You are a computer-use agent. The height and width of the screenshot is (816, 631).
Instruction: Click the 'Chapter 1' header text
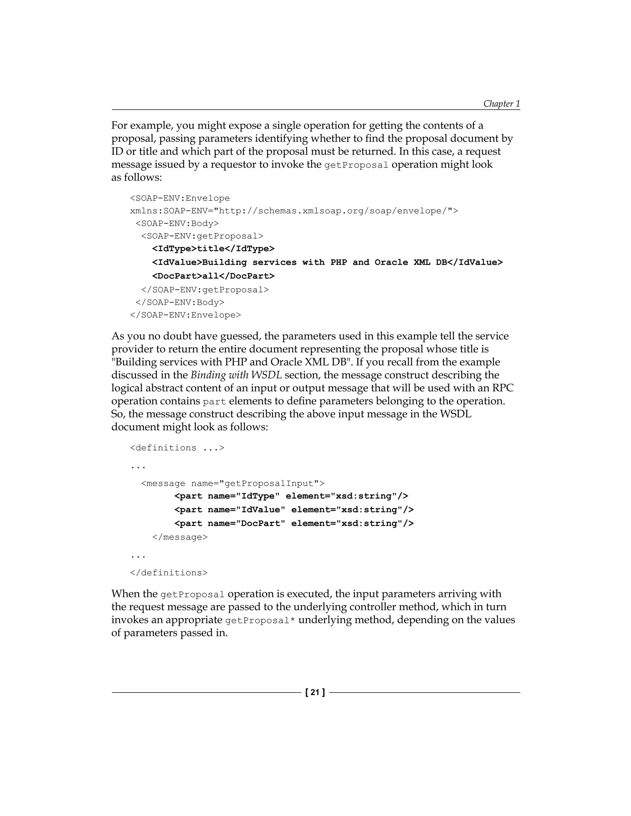pos(501,103)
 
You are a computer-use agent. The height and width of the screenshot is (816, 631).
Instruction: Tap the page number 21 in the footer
pos(315,692)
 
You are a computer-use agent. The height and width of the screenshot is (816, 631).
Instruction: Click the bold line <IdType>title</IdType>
pos(213,249)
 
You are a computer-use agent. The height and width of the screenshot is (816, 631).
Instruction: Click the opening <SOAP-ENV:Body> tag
pos(177,224)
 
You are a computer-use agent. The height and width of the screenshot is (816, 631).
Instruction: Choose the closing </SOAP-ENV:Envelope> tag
pos(185,315)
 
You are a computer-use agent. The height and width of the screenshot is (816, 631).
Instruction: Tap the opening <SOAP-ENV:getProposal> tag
pos(202,236)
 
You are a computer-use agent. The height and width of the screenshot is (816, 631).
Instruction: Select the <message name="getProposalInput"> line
pos(233,483)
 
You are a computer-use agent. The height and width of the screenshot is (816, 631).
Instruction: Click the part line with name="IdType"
pos(291,496)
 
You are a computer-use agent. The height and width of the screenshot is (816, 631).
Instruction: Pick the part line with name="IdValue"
pos(294,510)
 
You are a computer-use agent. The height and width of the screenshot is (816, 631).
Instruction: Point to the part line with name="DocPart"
pos(294,523)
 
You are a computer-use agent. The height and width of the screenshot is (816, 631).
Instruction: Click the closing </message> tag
pos(180,537)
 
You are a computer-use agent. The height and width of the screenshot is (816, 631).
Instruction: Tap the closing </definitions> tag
pos(169,573)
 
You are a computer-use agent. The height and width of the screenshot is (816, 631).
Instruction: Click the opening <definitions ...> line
pos(177,448)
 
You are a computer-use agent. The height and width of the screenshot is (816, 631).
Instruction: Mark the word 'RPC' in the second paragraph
pos(503,388)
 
